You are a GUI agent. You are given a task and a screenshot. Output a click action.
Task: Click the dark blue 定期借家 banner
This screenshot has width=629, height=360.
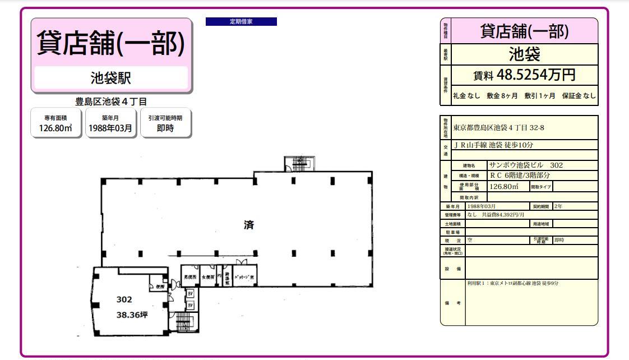241,22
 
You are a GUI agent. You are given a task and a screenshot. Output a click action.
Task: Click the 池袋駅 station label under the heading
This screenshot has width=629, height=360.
111,77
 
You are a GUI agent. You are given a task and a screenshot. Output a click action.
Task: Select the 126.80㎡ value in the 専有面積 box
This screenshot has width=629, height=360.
56,128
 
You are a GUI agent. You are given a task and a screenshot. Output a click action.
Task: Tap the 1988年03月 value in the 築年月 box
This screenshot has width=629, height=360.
110,128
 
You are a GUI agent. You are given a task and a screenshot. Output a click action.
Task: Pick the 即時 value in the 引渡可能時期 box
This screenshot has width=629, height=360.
165,128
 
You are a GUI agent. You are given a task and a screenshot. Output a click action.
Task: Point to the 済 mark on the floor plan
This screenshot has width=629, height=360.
249,225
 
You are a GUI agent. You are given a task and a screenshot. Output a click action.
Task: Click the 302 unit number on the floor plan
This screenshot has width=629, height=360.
124,299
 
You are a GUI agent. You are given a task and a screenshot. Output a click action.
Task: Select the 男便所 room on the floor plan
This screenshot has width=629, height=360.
190,276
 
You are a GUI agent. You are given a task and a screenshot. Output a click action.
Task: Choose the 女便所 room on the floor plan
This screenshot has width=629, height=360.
207,276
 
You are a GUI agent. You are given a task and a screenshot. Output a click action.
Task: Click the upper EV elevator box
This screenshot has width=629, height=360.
190,293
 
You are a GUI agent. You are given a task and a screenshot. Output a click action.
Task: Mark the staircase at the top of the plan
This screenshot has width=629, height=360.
297,164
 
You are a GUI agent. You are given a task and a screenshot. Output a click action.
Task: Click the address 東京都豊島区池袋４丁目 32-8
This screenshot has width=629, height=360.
498,128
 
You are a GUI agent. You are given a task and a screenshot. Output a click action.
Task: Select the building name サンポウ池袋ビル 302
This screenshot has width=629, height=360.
526,165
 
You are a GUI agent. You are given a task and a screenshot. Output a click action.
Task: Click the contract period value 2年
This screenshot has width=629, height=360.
558,206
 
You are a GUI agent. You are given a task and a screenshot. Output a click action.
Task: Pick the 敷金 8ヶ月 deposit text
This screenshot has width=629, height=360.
502,96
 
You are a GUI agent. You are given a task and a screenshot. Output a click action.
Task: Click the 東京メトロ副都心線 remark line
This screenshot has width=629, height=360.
512,283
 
